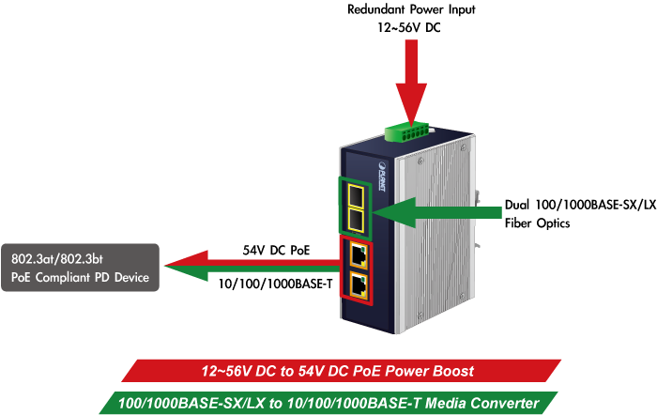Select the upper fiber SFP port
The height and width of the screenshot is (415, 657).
click(x=357, y=194)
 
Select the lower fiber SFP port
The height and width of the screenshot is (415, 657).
click(x=357, y=221)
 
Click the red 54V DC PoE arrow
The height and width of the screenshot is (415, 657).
click(x=244, y=261)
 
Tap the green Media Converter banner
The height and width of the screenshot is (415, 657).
click(x=328, y=403)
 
